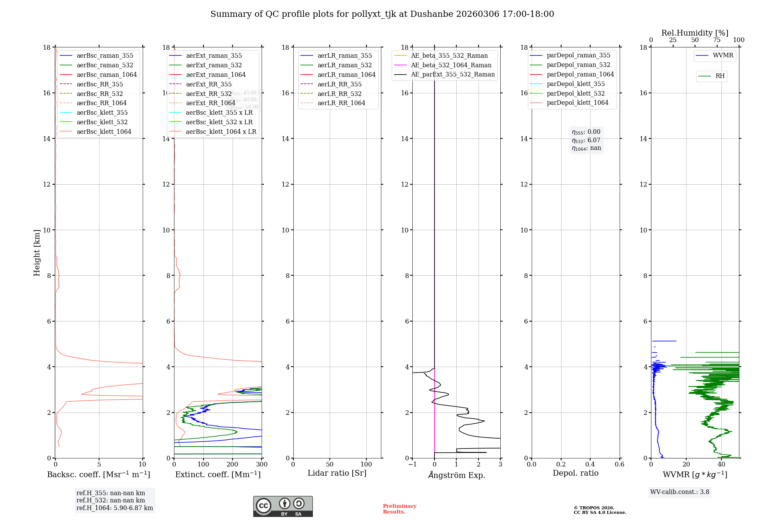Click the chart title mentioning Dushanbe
[x=382, y=14]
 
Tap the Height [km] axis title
[x=37, y=252]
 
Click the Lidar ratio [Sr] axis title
[x=337, y=473]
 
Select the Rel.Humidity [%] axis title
[x=695, y=33]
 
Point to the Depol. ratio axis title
[x=575, y=473]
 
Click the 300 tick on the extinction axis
[x=262, y=465]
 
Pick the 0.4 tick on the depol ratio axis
[x=590, y=465]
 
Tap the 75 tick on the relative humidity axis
[x=717, y=40]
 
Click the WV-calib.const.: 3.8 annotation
[x=680, y=492]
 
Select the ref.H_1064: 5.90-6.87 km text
[x=115, y=508]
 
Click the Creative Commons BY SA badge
[x=283, y=506]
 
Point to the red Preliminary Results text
[x=399, y=509]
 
